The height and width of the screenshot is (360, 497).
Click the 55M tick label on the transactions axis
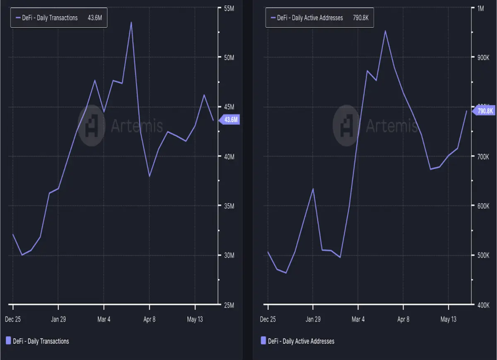pyautogui.click(x=229, y=9)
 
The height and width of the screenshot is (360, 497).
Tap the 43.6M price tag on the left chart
pyautogui.click(x=229, y=120)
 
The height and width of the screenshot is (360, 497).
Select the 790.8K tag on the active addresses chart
pyautogui.click(x=484, y=111)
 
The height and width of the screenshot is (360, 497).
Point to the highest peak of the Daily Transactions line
pyautogui.click(x=131, y=22)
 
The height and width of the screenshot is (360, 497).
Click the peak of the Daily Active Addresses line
pyautogui.click(x=386, y=31)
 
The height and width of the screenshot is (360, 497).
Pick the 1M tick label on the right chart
pyautogui.click(x=480, y=9)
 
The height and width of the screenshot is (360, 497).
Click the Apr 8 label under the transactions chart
pyautogui.click(x=150, y=319)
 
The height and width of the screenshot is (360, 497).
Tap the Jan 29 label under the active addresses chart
pyautogui.click(x=313, y=319)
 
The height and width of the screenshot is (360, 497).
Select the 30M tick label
pyautogui.click(x=229, y=255)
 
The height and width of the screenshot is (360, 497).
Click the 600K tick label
pyautogui.click(x=483, y=206)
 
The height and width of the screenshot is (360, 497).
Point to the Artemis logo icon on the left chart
pyautogui.click(x=92, y=125)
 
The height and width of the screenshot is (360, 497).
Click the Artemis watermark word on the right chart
pyautogui.click(x=392, y=125)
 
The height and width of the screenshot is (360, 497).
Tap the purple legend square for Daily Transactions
pyautogui.click(x=8, y=340)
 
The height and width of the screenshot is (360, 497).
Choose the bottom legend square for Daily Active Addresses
pyautogui.click(x=263, y=340)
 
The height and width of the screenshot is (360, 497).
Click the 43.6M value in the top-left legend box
pyautogui.click(x=95, y=18)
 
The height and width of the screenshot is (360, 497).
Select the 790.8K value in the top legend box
pyautogui.click(x=361, y=18)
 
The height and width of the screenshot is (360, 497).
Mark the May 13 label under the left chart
pyautogui.click(x=195, y=319)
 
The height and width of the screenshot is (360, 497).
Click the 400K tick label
pyautogui.click(x=483, y=305)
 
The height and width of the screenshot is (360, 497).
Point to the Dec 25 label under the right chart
pyautogui.click(x=268, y=319)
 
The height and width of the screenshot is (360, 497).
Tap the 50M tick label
pyautogui.click(x=229, y=58)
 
